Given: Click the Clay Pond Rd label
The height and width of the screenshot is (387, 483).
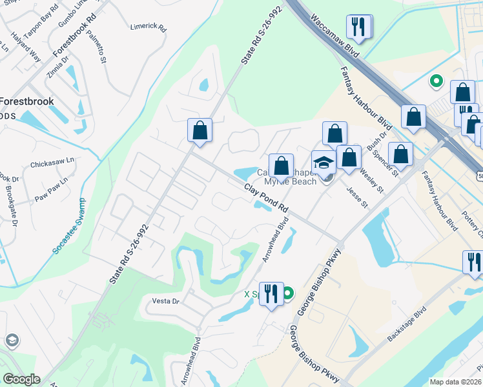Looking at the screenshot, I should click(265, 198).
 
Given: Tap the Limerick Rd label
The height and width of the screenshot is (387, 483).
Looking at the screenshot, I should click(149, 29).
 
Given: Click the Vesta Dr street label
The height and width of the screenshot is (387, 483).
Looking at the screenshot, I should click(165, 301).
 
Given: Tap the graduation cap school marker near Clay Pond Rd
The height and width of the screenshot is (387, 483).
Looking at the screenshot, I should click(323, 162).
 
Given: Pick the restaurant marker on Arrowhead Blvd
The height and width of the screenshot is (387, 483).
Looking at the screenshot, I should click(271, 293).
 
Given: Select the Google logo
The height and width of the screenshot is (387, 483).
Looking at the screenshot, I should click(21, 379).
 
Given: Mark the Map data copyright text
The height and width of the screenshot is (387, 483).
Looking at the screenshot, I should click(456, 382).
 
